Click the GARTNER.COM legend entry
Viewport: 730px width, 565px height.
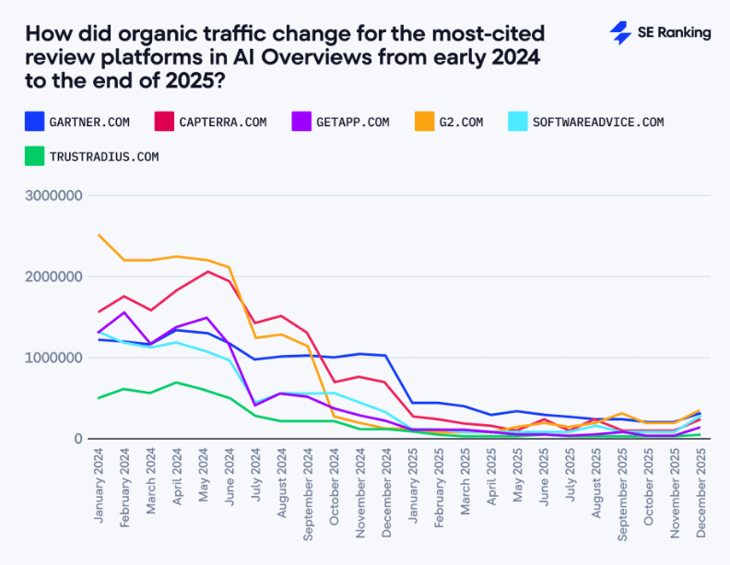click(78, 122)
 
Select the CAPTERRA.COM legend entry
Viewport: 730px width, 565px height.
click(212, 122)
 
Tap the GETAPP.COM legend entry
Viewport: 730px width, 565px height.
click(341, 122)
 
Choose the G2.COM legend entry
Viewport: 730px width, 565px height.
click(449, 122)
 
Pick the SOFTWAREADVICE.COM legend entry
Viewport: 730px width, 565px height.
click(586, 122)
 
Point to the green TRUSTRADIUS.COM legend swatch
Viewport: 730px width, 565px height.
click(35, 156)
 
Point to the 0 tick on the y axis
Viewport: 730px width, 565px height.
click(78, 439)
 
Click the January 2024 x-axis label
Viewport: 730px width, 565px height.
click(99, 486)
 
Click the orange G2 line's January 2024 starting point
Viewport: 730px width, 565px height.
click(99, 235)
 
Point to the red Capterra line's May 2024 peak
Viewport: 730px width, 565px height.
click(208, 271)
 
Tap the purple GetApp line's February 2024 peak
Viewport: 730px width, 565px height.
click(124, 312)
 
